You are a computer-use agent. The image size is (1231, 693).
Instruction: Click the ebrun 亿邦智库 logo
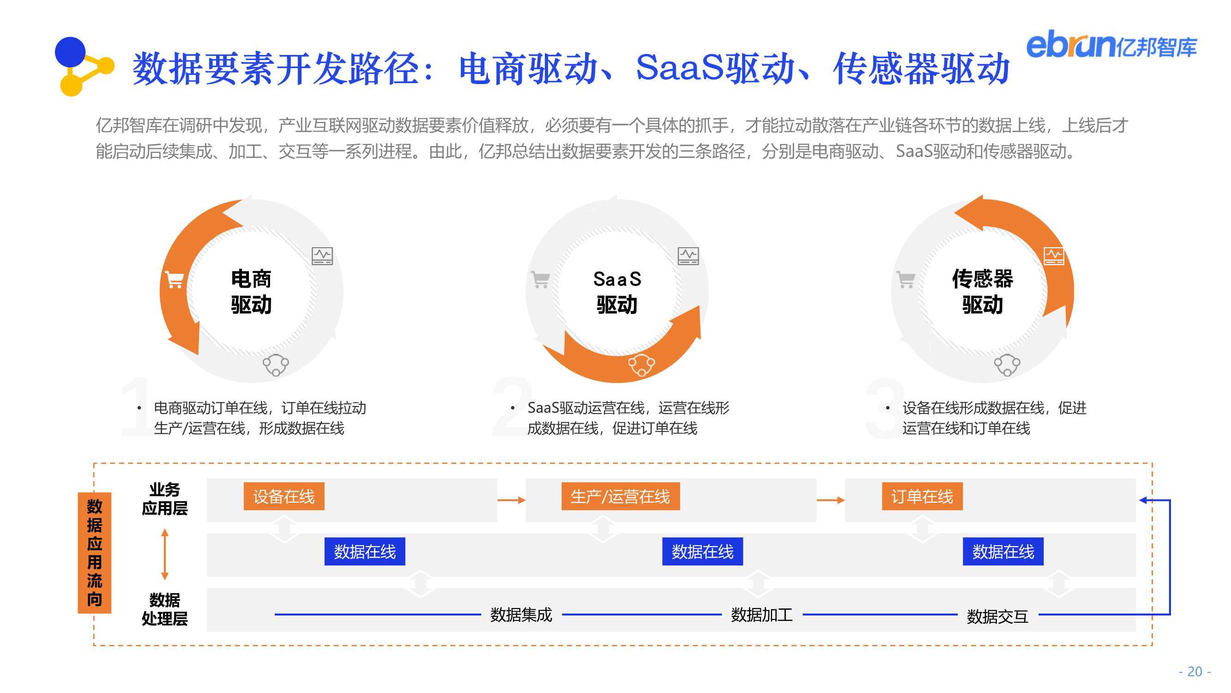tap(1111, 45)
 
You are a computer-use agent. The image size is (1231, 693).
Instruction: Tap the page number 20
tap(1195, 671)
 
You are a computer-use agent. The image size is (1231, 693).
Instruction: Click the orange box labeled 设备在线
tap(284, 497)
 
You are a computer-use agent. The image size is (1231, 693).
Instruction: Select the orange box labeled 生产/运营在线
tap(620, 497)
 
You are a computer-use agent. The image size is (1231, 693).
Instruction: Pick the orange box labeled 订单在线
tap(922, 497)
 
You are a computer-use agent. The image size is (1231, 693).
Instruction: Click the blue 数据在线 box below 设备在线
tap(365, 552)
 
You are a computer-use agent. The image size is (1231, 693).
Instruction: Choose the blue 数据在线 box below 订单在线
tap(1003, 552)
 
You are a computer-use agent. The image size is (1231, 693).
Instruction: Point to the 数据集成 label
tap(521, 614)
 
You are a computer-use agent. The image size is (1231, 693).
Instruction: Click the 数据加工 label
tap(762, 614)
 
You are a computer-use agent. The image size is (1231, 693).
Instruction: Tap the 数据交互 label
tap(997, 616)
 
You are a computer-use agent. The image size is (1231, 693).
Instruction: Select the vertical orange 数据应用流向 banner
tap(94, 553)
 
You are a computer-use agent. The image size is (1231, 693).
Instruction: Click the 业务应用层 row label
tap(164, 499)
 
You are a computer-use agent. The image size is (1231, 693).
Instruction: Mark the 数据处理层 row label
tap(164, 609)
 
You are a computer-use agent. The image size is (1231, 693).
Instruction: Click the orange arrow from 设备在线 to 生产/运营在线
tap(511, 500)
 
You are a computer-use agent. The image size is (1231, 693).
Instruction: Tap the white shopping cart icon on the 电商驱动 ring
tap(175, 280)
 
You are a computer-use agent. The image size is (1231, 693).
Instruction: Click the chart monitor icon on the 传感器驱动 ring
tap(1054, 256)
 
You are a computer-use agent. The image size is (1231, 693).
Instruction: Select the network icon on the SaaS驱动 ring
tap(641, 365)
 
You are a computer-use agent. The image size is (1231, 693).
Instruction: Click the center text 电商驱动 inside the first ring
tap(251, 292)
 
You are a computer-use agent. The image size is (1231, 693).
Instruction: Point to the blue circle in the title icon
tap(70, 52)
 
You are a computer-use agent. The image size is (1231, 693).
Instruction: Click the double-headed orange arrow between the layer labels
tap(165, 554)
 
